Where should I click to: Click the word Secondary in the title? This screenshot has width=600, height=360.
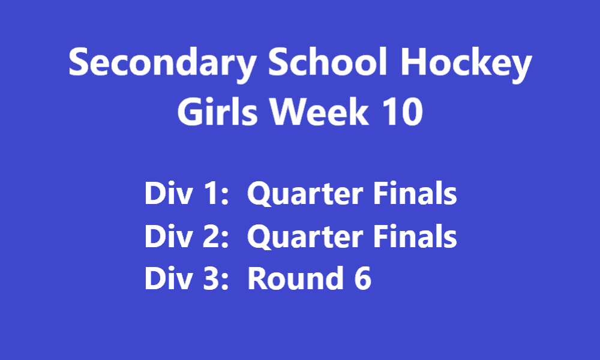[x=163, y=64]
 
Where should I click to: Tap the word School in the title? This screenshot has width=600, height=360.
[x=328, y=61]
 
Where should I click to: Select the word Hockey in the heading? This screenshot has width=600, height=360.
[x=466, y=64]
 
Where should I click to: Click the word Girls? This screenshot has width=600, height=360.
[x=217, y=111]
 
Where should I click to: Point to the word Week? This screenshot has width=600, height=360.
[x=320, y=111]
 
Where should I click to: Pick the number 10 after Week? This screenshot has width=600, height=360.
[x=403, y=112]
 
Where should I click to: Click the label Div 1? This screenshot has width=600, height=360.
[x=187, y=193]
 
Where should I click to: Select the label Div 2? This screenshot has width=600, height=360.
[x=187, y=236]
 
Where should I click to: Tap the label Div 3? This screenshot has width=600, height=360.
[x=187, y=278]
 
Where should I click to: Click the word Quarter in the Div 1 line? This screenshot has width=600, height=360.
[x=305, y=194]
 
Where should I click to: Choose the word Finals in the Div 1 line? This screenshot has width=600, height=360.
[x=415, y=193]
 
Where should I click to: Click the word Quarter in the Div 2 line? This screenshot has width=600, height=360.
[x=305, y=236]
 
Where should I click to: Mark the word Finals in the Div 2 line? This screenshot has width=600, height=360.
[x=415, y=236]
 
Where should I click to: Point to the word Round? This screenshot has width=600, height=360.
[x=295, y=278]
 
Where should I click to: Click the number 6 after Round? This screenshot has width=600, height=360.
[x=362, y=278]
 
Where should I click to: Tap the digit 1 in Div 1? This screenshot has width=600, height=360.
[x=211, y=193]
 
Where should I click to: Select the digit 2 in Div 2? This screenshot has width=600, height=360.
[x=210, y=236]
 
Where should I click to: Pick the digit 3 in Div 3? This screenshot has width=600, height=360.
[x=210, y=278]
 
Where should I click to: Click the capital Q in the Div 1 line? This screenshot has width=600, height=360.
[x=260, y=194]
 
